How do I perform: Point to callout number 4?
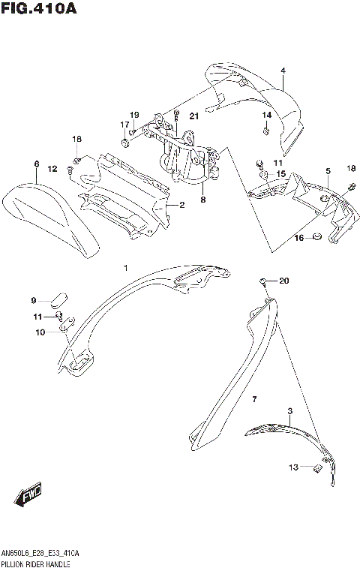click(283, 71)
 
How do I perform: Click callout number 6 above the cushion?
click(36, 164)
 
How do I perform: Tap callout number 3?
click(289, 411)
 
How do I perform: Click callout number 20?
click(283, 281)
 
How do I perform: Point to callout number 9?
click(33, 301)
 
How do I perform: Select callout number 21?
click(193, 116)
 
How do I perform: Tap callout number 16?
click(298, 238)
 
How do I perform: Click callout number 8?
click(202, 200)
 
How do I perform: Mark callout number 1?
click(126, 267)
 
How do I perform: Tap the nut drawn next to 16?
click(318, 238)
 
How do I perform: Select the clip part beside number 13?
click(316, 468)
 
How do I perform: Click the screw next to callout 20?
click(264, 282)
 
